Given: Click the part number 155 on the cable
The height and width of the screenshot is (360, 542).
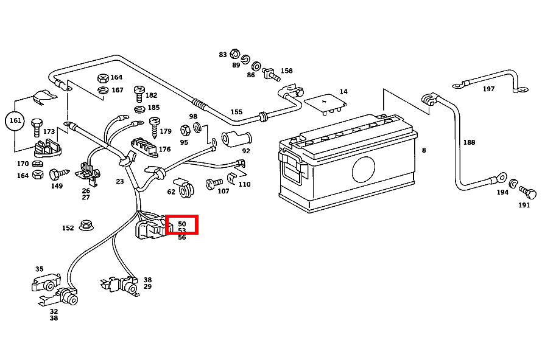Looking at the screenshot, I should pos(236,112).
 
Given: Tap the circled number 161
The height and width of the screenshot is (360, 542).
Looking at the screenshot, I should pos(15,121).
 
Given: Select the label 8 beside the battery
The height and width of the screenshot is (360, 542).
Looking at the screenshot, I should pos(423,150).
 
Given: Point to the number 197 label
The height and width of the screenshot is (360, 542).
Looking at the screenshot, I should pos(488,89).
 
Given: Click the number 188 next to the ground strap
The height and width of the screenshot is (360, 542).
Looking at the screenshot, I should pos(469,142).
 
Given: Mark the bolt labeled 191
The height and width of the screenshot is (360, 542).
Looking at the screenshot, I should pos(529,194).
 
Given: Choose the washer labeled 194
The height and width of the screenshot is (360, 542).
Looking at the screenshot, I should pos(514,184).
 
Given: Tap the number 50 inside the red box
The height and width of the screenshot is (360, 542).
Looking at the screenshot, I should pos(181,224).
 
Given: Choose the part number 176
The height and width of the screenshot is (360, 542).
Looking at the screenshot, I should pos(164,149).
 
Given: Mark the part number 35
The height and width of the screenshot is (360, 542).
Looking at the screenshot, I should pos(39,269).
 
